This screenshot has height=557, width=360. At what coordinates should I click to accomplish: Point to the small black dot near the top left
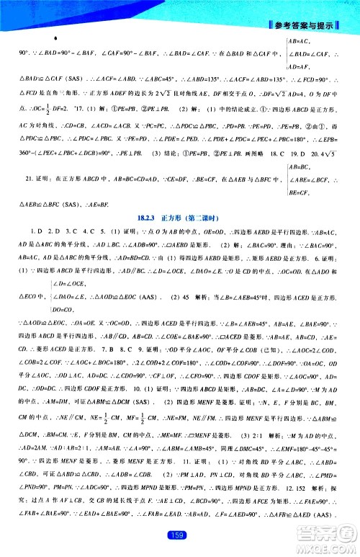(x=55, y=35)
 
